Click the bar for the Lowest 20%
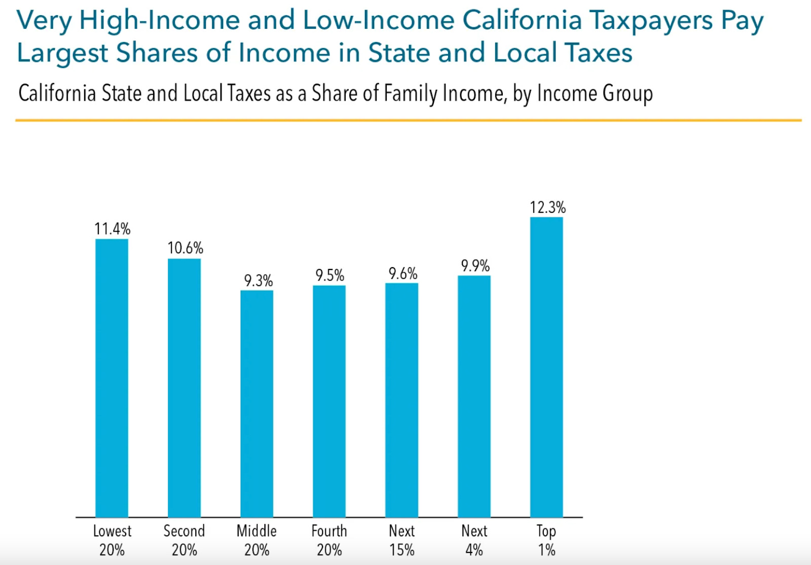[112, 378]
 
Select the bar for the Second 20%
[184, 388]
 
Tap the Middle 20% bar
[256, 403]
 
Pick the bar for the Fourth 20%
[329, 401]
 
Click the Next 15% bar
[401, 400]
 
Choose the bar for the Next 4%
[474, 396]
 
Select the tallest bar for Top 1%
[546, 367]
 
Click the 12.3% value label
[547, 207]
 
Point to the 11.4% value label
[112, 229]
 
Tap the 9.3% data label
[258, 280]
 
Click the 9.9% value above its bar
[475, 266]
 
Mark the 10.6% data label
[185, 248]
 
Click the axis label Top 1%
[546, 540]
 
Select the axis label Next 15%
[401, 540]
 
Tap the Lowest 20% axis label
[112, 540]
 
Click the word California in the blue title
[522, 21]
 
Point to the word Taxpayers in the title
[651, 21]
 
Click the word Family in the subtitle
[410, 93]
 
